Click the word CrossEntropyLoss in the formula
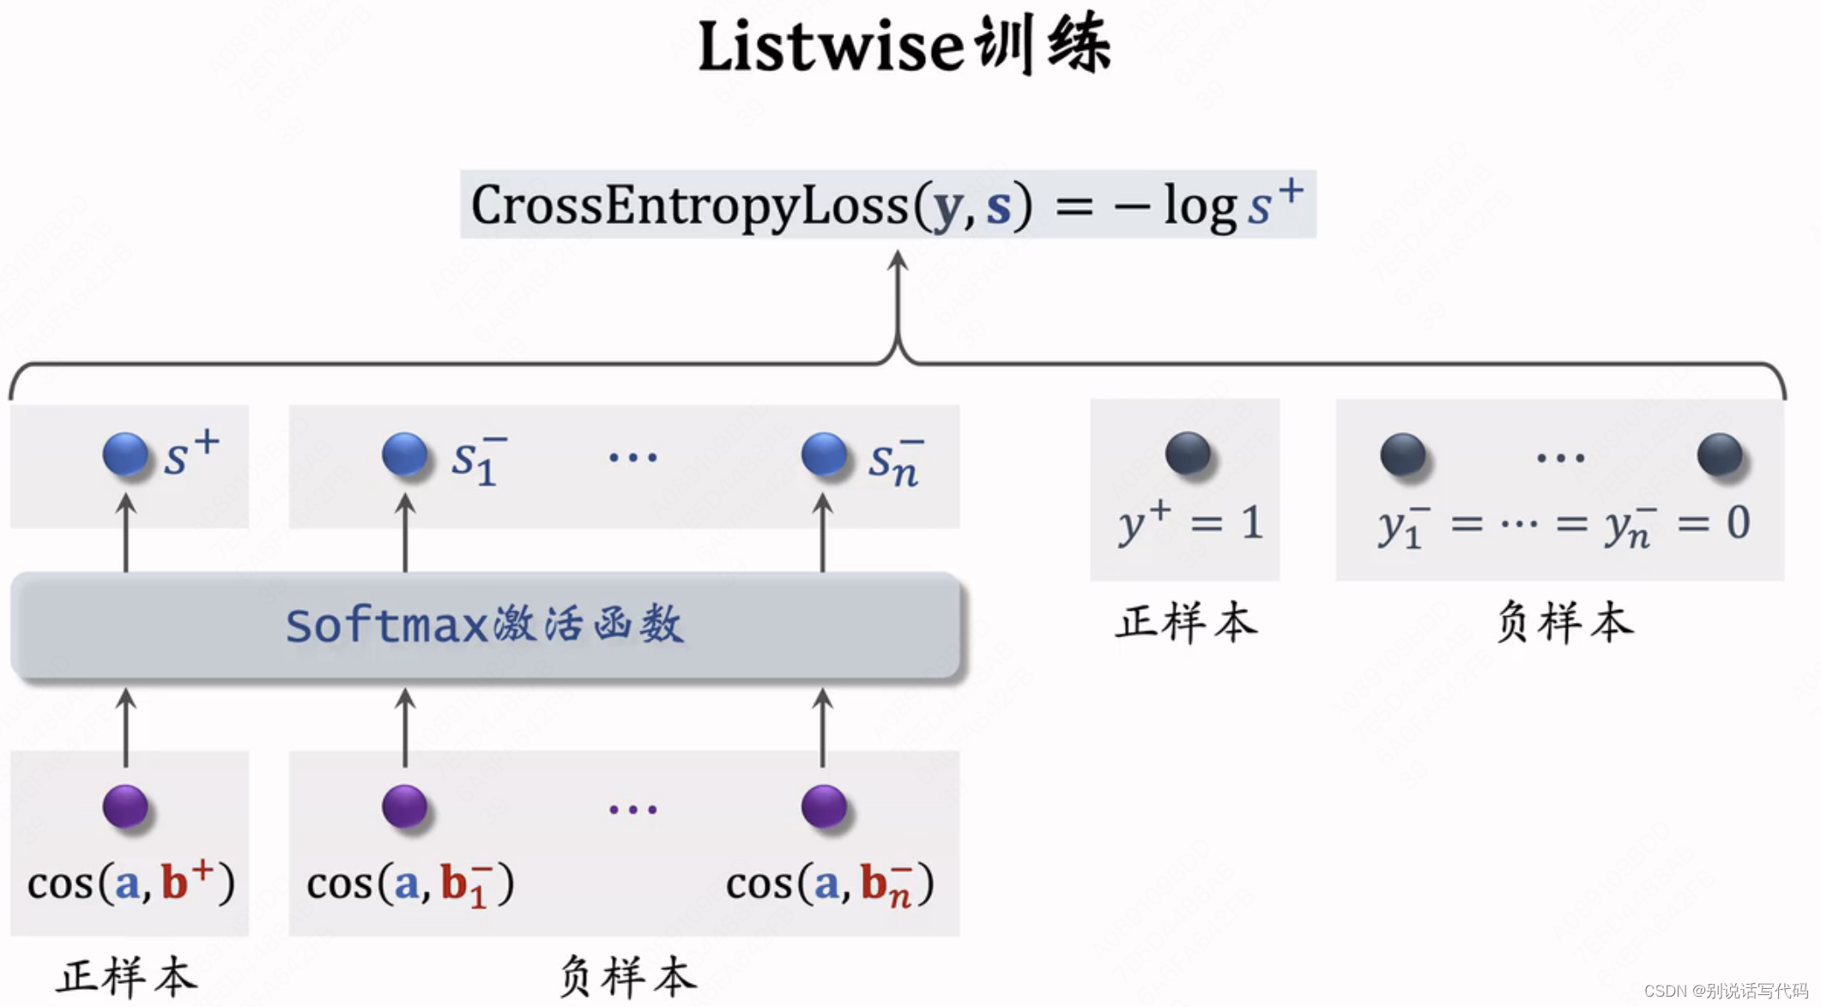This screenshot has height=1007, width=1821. point(689,206)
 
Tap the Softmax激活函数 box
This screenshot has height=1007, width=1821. point(485,624)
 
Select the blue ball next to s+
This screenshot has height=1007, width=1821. point(125,454)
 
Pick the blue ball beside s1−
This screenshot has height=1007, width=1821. point(404,454)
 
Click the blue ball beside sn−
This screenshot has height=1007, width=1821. point(824,454)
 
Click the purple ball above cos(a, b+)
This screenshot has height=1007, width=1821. point(125,806)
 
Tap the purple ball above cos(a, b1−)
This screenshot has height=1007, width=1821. point(404,806)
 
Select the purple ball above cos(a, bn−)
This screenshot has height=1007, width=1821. point(824,806)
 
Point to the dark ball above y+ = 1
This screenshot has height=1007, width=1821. point(1188,453)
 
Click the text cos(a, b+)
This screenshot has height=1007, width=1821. point(130,883)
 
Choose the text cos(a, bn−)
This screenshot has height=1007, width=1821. point(830,884)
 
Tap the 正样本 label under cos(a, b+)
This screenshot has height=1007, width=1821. point(127,977)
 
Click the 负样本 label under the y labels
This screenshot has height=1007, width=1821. point(1564,622)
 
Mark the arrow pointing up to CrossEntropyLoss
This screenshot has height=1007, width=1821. point(898,300)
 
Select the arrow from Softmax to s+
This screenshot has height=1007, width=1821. point(126,532)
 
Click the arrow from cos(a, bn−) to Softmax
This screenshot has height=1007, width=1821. point(823,727)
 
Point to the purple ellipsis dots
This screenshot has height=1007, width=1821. point(633,809)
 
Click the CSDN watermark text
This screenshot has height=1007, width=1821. point(1726,991)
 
